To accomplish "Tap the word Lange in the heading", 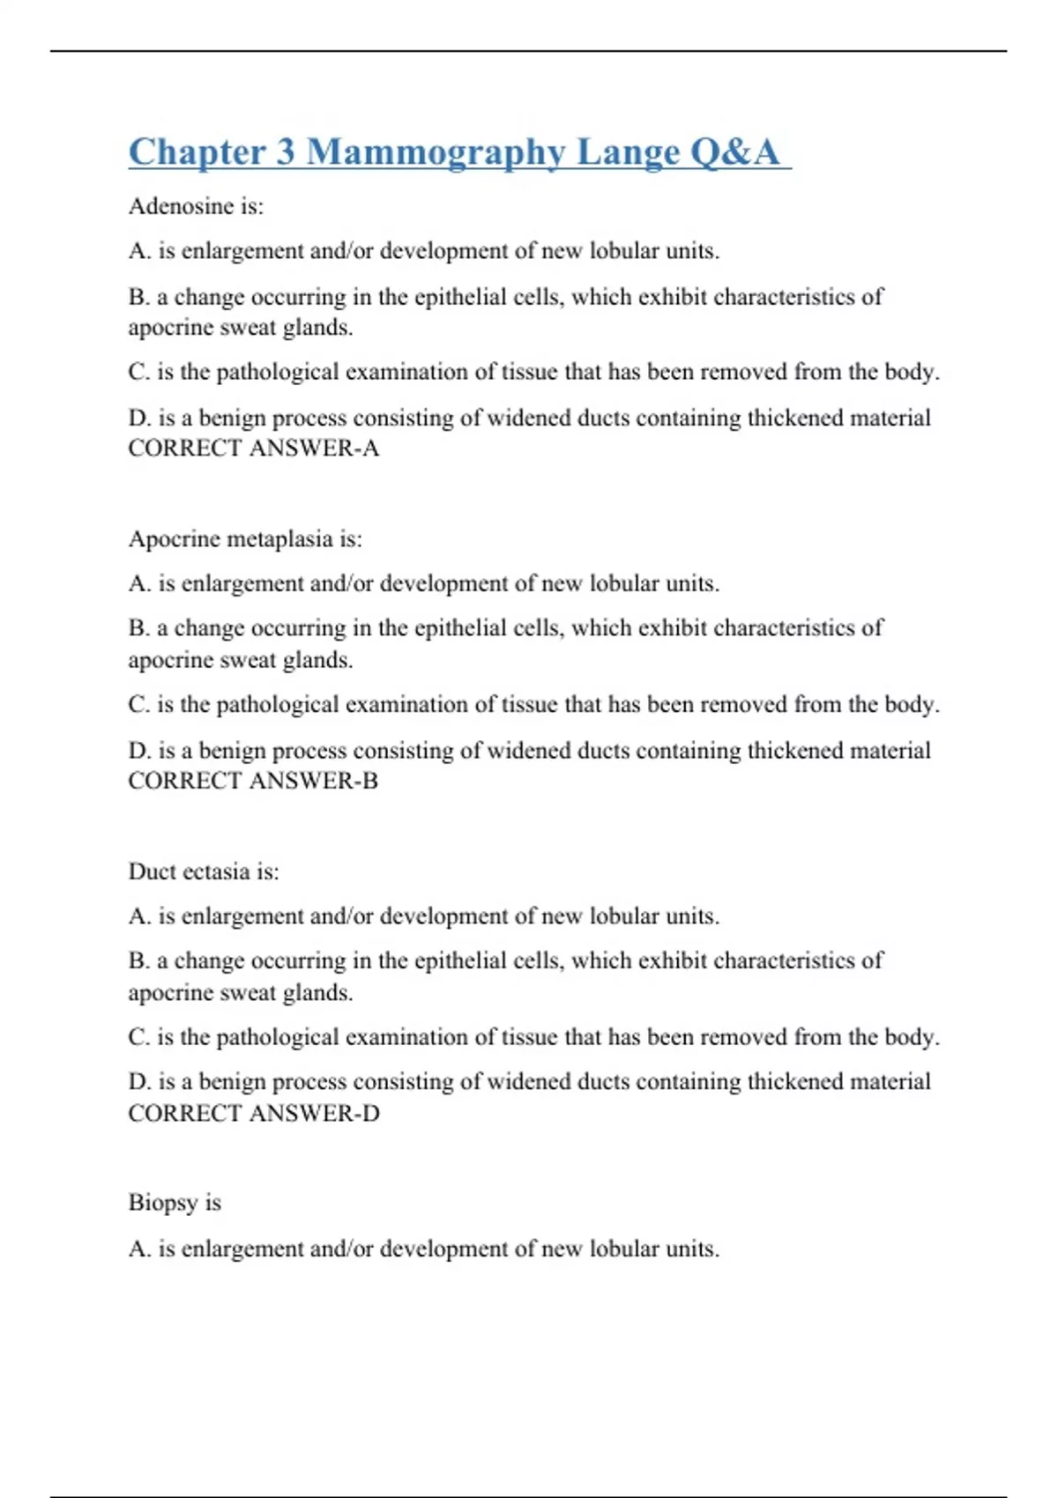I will pyautogui.click(x=628, y=152).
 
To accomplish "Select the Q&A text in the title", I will pyautogui.click(x=734, y=152).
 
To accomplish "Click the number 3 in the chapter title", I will pyautogui.click(x=286, y=152).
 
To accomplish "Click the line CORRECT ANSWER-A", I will pyautogui.click(x=254, y=449).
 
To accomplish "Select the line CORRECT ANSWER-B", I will pyautogui.click(x=253, y=781).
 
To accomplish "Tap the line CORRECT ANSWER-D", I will pyautogui.click(x=254, y=1114).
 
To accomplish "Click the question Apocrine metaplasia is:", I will pyautogui.click(x=245, y=539).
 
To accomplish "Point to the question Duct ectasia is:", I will pyautogui.click(x=204, y=871).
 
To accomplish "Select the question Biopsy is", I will pyautogui.click(x=175, y=1203).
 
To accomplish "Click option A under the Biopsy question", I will pyautogui.click(x=423, y=1249).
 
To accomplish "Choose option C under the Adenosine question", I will pyautogui.click(x=533, y=372).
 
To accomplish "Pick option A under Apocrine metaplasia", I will pyautogui.click(x=423, y=583).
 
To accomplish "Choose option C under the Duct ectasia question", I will pyautogui.click(x=533, y=1037).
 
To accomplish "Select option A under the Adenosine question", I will pyautogui.click(x=423, y=251).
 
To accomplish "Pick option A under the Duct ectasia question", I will pyautogui.click(x=423, y=916).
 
